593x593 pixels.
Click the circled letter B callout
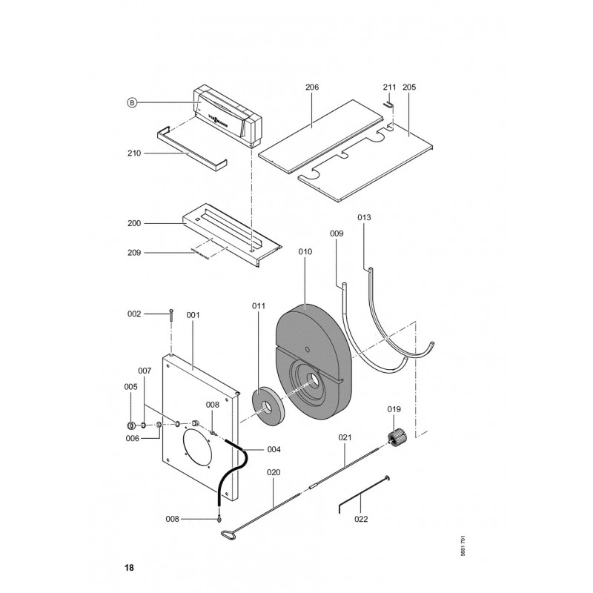tap(131, 103)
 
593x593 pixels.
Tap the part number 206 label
tap(311, 87)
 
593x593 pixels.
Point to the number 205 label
tap(409, 87)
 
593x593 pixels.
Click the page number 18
tap(130, 568)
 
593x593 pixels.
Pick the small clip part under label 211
tap(389, 104)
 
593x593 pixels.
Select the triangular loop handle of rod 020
tap(225, 527)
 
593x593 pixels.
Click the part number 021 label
tap(345, 438)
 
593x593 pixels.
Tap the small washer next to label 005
tap(130, 425)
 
